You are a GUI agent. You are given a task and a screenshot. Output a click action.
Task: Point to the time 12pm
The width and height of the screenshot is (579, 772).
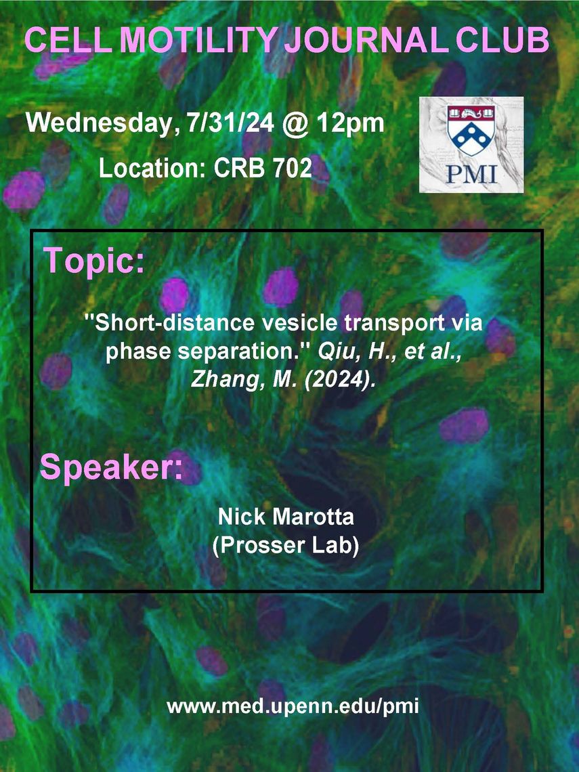350,123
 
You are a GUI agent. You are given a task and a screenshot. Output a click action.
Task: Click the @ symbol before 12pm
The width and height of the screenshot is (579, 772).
295,123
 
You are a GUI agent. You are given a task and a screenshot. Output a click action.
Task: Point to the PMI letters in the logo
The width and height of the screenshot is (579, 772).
471,174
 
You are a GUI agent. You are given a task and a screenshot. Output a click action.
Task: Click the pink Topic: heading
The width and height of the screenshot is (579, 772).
94,261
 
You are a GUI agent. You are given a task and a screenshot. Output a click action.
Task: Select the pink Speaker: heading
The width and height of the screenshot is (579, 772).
111,467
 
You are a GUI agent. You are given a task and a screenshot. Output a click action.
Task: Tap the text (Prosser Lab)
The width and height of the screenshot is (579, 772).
286,546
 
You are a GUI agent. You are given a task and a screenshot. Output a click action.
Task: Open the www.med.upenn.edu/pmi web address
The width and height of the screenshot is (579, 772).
293,707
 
